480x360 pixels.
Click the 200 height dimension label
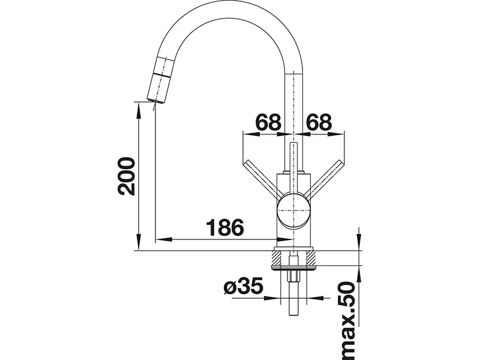point(125,177)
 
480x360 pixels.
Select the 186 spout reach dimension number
point(224,228)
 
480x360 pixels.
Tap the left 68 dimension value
point(267,122)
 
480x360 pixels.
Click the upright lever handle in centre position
point(293,162)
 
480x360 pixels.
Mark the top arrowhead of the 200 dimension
point(139,106)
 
